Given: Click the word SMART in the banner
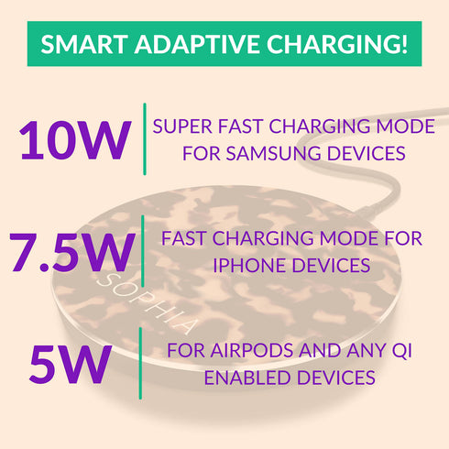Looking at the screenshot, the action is pyautogui.click(x=84, y=44).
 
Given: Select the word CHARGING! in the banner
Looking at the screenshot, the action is pyautogui.click(x=337, y=44).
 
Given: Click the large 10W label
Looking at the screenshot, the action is pyautogui.click(x=75, y=140).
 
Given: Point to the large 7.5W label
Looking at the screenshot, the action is pyautogui.click(x=72, y=252).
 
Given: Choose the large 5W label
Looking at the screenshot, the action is pyautogui.click(x=71, y=364).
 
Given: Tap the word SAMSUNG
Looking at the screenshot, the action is pyautogui.click(x=273, y=153).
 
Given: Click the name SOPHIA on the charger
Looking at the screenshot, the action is pyautogui.click(x=146, y=303).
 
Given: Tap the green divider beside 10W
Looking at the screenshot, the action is pyautogui.click(x=145, y=139).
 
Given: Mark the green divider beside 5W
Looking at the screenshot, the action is pyautogui.click(x=140, y=364).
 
